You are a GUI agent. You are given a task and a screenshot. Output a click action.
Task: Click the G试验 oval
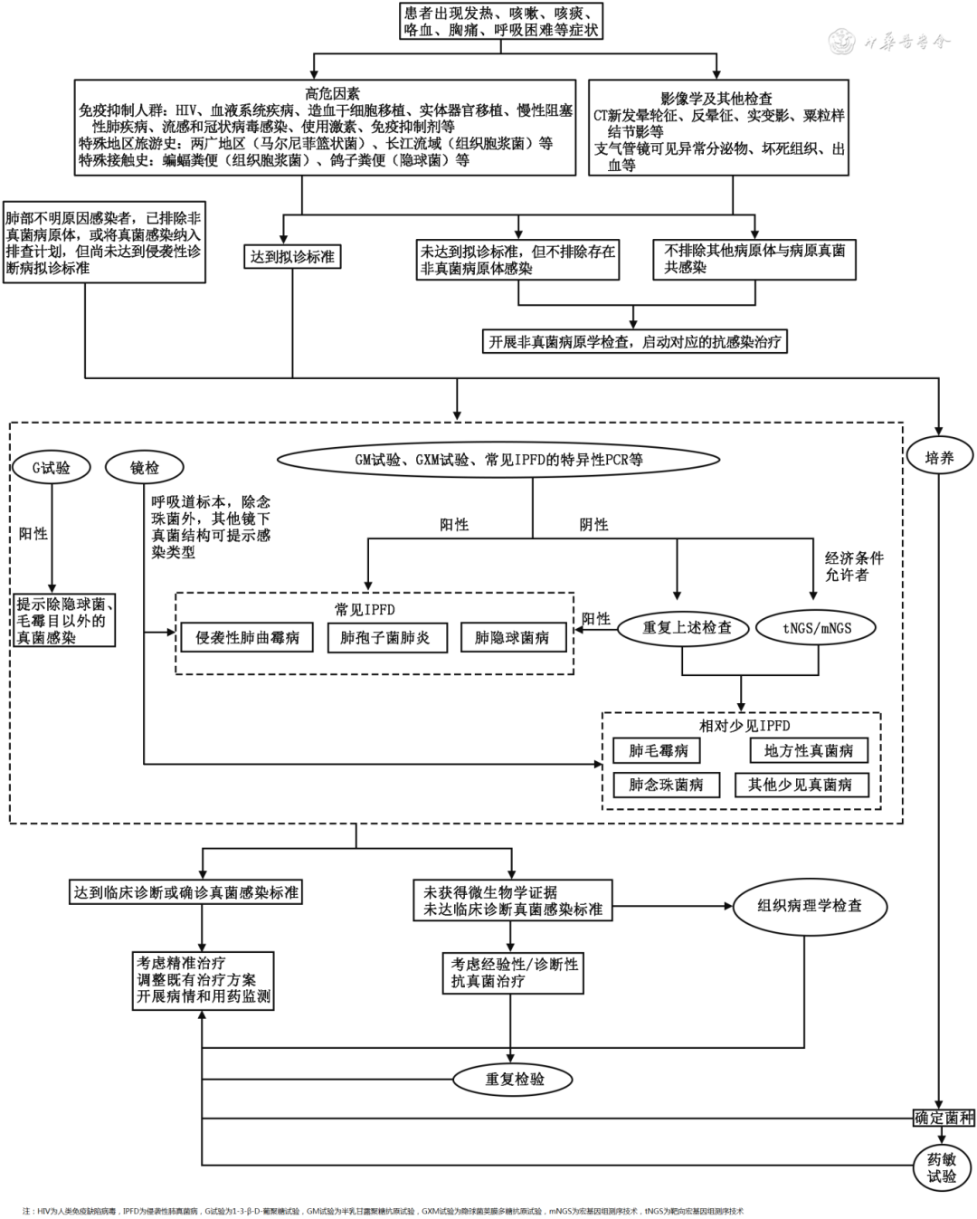click(x=51, y=468)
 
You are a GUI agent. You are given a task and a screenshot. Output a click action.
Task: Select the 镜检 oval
click(x=145, y=468)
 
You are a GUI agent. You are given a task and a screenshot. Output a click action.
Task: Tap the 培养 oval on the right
click(x=940, y=458)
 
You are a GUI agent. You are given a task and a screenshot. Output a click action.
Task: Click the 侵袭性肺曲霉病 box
click(x=247, y=637)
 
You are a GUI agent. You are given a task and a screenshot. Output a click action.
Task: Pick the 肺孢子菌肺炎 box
click(x=385, y=637)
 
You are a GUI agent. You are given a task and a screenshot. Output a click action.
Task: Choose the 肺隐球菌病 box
click(x=512, y=637)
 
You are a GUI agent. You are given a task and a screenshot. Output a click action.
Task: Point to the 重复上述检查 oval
click(x=687, y=627)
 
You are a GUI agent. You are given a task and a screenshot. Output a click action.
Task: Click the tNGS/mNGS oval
click(x=817, y=627)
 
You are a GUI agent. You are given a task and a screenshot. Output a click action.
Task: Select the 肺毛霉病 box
click(x=659, y=750)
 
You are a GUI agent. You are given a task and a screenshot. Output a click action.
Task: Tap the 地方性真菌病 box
click(x=808, y=750)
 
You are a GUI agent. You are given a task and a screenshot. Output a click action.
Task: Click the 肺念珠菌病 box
click(x=666, y=785)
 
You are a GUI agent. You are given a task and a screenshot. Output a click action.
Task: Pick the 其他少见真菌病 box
click(x=800, y=785)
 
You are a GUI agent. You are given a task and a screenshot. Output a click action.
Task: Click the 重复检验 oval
click(x=515, y=1079)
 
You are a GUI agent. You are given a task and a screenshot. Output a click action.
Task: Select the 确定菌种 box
click(x=944, y=1118)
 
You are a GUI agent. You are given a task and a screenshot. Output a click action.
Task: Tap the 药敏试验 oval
click(x=942, y=1167)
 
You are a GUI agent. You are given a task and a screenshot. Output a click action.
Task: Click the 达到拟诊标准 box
click(x=292, y=257)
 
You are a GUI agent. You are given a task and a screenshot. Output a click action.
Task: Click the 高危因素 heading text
click(x=333, y=93)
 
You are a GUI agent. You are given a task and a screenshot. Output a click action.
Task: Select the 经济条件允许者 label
click(x=853, y=567)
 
